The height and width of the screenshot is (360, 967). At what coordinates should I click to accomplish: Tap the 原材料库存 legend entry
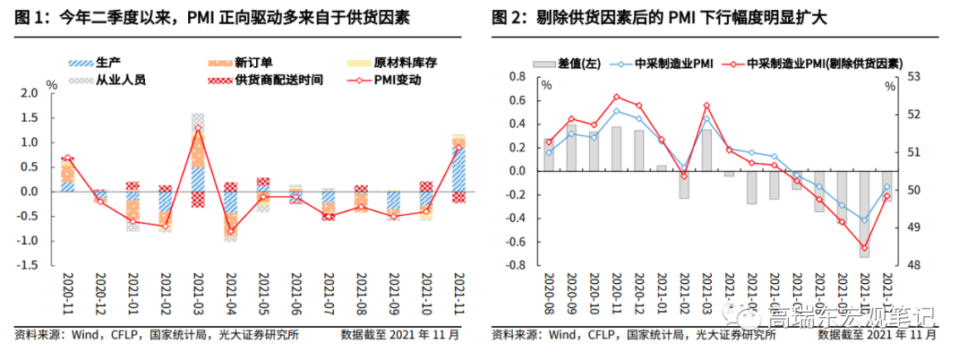click(x=393, y=63)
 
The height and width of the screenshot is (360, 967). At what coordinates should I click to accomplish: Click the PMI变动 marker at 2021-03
click(x=198, y=128)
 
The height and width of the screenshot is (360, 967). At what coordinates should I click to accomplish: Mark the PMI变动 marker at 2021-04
click(x=231, y=231)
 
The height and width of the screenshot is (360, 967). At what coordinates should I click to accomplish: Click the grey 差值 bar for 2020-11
click(x=617, y=149)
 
